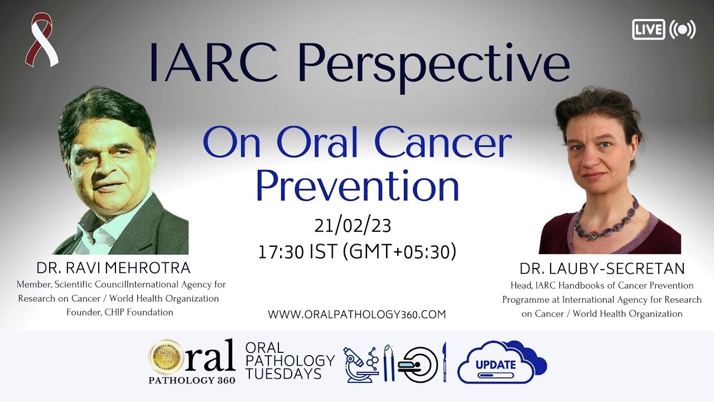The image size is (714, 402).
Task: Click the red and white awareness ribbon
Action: tap(42, 40)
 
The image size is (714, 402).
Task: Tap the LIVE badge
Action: tap(648, 30)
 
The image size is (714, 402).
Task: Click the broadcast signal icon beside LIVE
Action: tap(682, 30)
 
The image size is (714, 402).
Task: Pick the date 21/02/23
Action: tap(353, 226)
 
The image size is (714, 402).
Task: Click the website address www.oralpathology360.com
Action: tap(357, 314)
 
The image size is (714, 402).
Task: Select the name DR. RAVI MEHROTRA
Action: tap(113, 267)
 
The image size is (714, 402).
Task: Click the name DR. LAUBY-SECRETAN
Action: tap(602, 269)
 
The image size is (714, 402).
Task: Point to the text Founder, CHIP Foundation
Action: tap(119, 312)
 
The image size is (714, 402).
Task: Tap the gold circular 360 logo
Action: tap(166, 357)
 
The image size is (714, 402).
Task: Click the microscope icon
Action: tap(358, 363)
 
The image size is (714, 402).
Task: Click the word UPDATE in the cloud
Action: tap(495, 365)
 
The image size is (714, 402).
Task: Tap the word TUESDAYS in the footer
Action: tap(283, 374)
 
